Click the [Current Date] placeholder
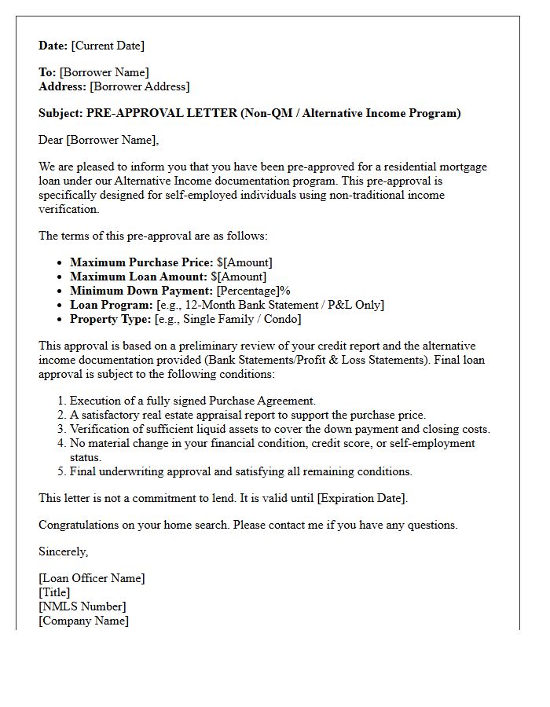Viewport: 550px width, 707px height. pos(108,46)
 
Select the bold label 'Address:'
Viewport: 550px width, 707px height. pos(62,86)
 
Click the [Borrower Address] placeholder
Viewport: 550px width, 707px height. pos(139,86)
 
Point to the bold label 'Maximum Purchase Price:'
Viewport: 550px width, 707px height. pos(141,262)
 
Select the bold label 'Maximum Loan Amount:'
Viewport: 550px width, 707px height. pos(138,277)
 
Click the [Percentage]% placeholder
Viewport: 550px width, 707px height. pos(253,291)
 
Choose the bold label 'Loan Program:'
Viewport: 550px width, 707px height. pos(111,305)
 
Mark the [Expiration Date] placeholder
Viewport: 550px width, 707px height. pos(361,498)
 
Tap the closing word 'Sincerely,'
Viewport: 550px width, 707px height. pos(64,551)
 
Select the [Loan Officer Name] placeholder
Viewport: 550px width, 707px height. pos(92,578)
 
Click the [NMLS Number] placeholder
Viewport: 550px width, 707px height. pos(82,606)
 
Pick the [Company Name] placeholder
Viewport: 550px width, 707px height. pos(83,621)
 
